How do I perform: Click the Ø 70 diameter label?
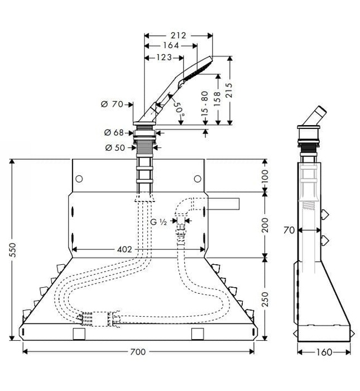click(x=112, y=103)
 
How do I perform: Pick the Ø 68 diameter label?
click(x=114, y=132)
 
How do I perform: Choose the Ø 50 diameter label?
click(x=114, y=147)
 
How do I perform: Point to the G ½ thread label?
click(x=161, y=222)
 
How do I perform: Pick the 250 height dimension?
click(x=265, y=300)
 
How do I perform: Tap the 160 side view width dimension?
click(x=323, y=352)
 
